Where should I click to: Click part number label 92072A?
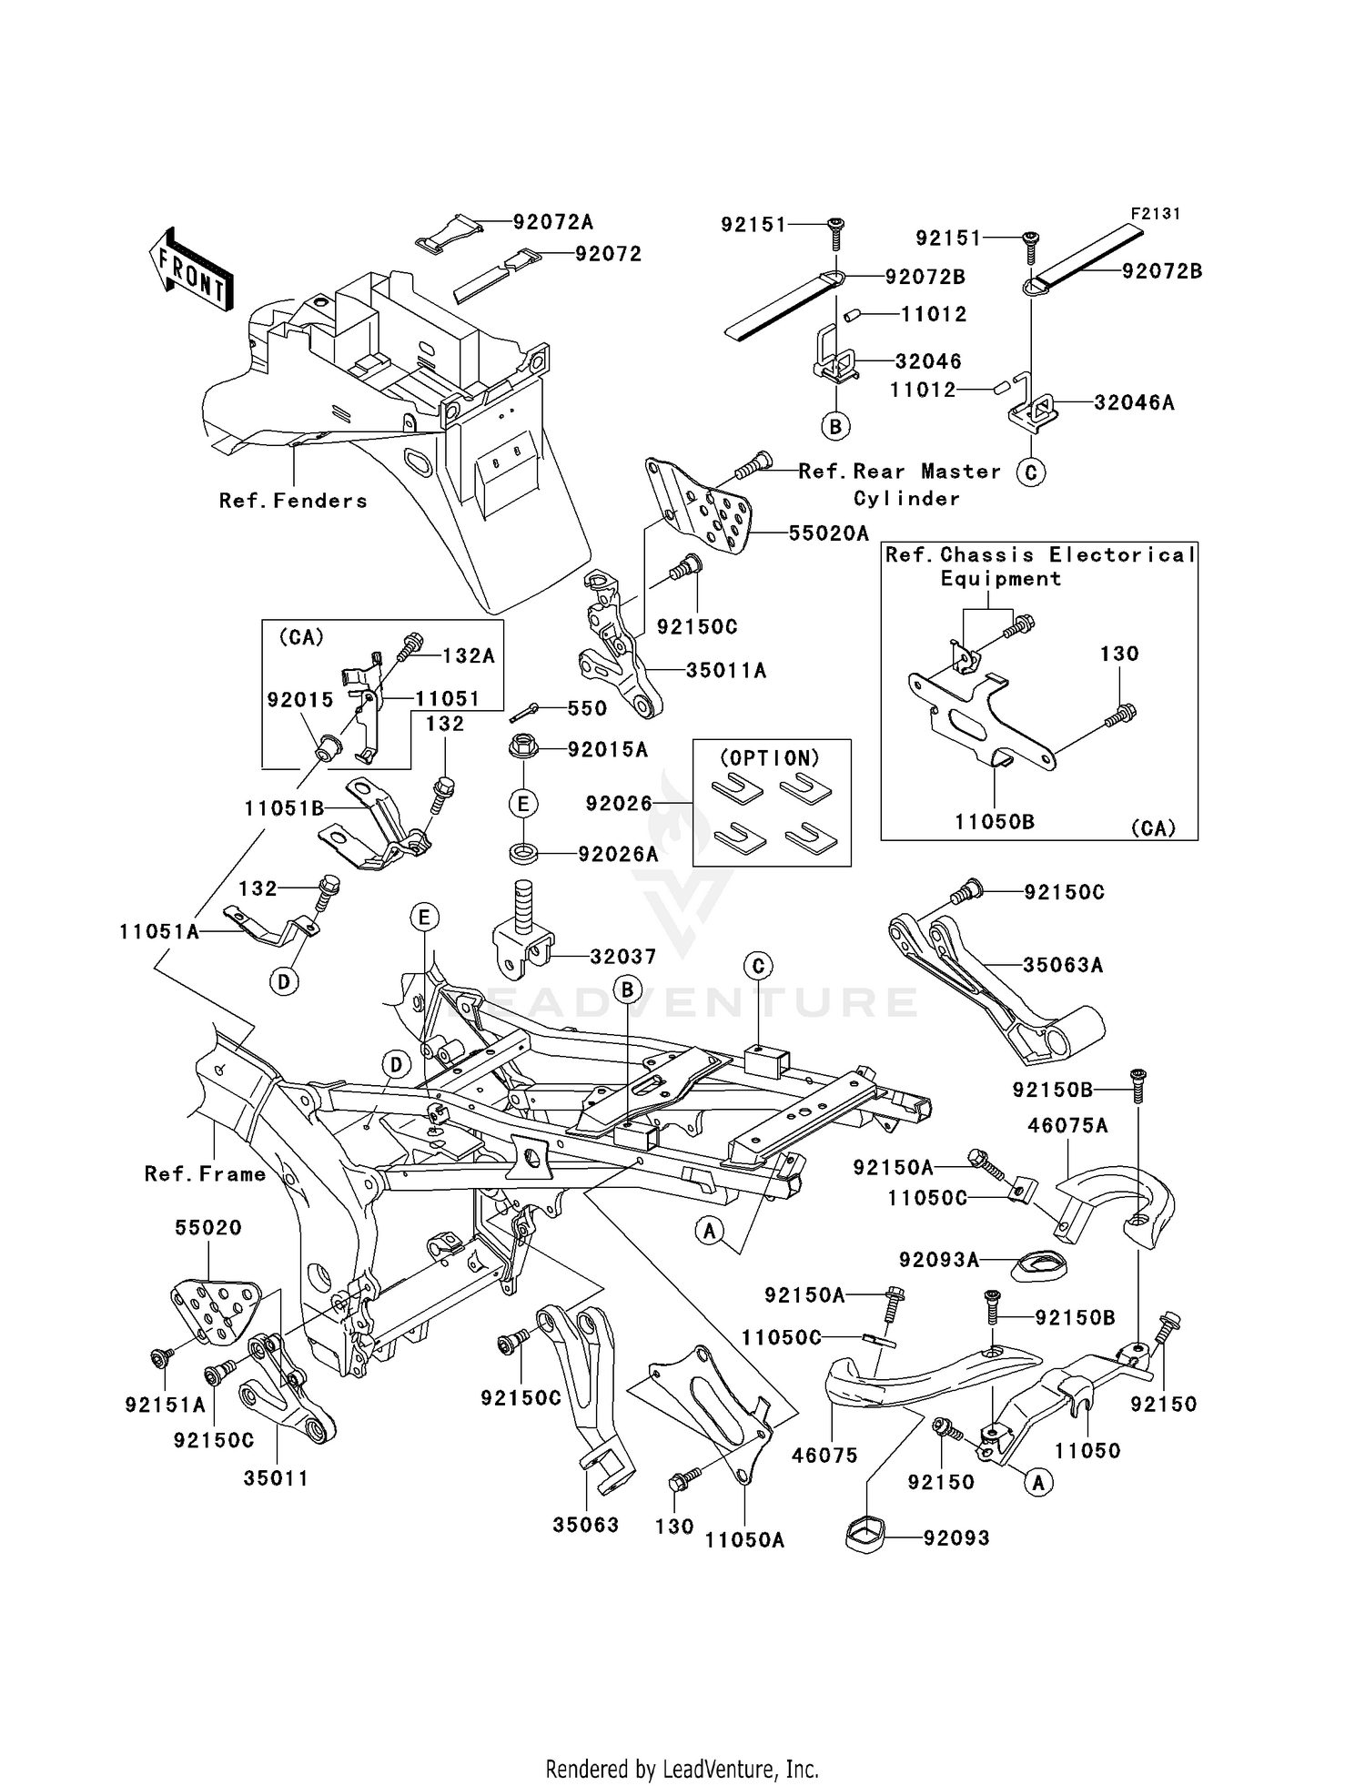pyautogui.click(x=552, y=222)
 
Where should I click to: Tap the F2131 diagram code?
pyautogui.click(x=1155, y=214)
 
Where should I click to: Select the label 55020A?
pyautogui.click(x=828, y=534)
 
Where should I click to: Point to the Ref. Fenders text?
pyautogui.click(x=293, y=501)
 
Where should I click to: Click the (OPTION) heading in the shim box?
pyautogui.click(x=770, y=758)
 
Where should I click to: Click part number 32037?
pyautogui.click(x=623, y=957)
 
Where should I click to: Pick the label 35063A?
pyautogui.click(x=1062, y=965)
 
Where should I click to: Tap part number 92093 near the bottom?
pyautogui.click(x=955, y=1538)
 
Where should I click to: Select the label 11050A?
pyautogui.click(x=744, y=1540)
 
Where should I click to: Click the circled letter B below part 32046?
pyautogui.click(x=834, y=425)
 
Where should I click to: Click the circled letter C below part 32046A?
pyautogui.click(x=1030, y=472)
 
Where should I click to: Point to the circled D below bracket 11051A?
pyautogui.click(x=284, y=981)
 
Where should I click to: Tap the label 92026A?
pyautogui.click(x=619, y=854)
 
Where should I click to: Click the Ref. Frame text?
pyautogui.click(x=206, y=1174)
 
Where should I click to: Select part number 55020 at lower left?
pyautogui.click(x=208, y=1228)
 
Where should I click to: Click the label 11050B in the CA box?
pyautogui.click(x=994, y=822)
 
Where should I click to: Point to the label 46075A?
pyautogui.click(x=1067, y=1126)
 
